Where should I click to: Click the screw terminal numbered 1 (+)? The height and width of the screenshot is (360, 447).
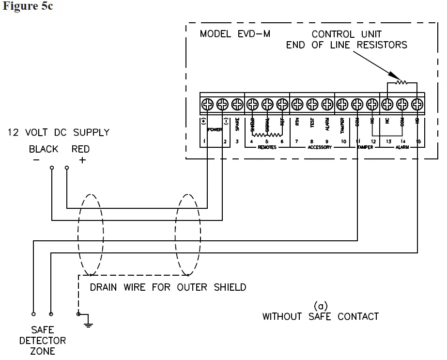click(207, 104)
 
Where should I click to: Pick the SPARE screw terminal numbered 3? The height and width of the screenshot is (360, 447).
click(237, 104)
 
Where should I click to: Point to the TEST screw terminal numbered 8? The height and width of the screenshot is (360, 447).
click(312, 104)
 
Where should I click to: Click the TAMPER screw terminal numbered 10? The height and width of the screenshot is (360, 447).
click(342, 104)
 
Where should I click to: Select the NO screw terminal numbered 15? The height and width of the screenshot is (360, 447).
click(417, 104)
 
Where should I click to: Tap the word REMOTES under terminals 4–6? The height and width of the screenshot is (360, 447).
click(266, 147)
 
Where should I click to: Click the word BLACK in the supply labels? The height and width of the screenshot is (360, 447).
click(44, 149)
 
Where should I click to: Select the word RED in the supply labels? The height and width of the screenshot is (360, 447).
click(80, 149)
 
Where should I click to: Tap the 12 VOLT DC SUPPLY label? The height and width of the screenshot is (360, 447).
click(58, 132)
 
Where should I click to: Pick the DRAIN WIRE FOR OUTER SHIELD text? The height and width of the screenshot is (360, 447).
click(168, 287)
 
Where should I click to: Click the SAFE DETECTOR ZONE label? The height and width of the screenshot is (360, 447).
click(43, 341)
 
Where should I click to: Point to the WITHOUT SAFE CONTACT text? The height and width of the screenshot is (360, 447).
click(320, 317)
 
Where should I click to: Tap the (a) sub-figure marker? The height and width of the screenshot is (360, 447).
click(320, 306)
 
